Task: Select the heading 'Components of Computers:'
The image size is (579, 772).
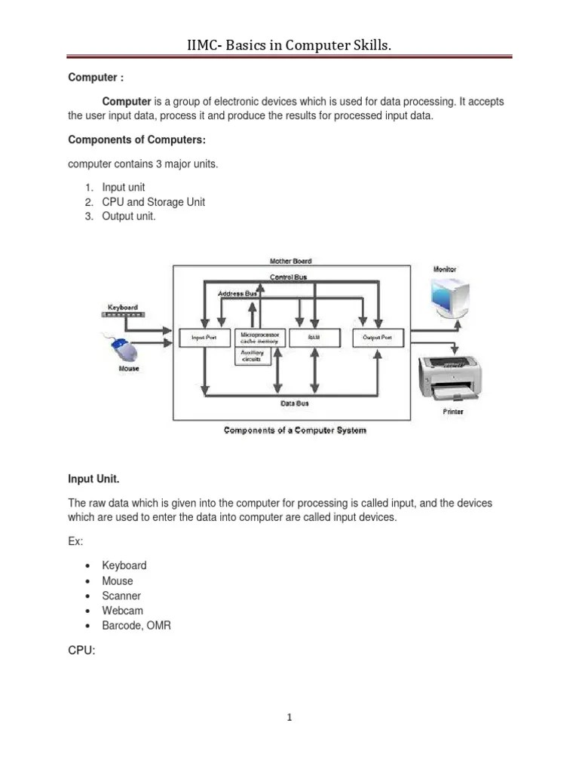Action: [x=136, y=139]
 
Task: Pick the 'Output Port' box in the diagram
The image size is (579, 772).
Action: [x=377, y=338]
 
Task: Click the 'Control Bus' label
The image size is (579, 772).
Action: [x=289, y=277]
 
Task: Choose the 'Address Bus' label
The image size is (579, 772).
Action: [x=237, y=293]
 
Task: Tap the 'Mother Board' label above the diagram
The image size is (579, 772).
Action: [x=291, y=261]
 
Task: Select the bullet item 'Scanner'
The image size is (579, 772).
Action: [x=121, y=596]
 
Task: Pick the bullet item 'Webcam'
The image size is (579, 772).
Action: [x=122, y=611]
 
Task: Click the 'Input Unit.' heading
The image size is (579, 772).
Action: [x=94, y=479]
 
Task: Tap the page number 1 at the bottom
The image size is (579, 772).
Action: [x=289, y=717]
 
